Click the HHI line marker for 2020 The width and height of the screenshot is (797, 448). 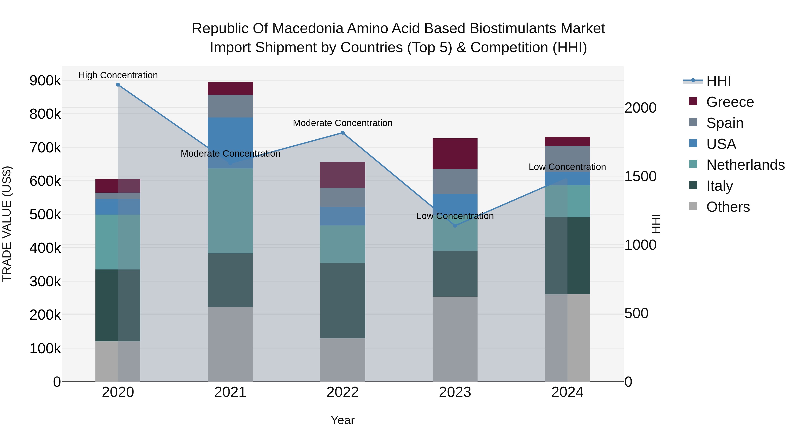pyautogui.click(x=118, y=85)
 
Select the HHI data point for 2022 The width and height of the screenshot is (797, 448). pyautogui.click(x=342, y=133)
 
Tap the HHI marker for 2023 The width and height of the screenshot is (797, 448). pyautogui.click(x=455, y=226)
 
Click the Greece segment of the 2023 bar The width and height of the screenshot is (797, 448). pyautogui.click(x=455, y=154)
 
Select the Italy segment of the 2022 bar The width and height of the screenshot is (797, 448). pyautogui.click(x=342, y=300)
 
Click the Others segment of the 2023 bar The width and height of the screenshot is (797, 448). pyautogui.click(x=455, y=339)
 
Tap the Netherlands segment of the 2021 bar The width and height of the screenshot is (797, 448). pyautogui.click(x=230, y=211)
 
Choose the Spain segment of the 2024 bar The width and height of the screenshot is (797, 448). pyautogui.click(x=567, y=159)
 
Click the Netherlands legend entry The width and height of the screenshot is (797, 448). pyautogui.click(x=745, y=165)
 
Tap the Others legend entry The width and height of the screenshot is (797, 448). pyautogui.click(x=728, y=207)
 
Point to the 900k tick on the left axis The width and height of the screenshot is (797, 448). pyautogui.click(x=45, y=81)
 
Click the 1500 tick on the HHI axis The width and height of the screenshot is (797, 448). pyautogui.click(x=640, y=177)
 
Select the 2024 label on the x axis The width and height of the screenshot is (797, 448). pyautogui.click(x=567, y=392)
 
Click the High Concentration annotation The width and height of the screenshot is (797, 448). pyautogui.click(x=118, y=75)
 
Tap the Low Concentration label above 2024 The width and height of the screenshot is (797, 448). pyautogui.click(x=567, y=167)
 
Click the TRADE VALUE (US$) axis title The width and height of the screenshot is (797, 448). pyautogui.click(x=7, y=224)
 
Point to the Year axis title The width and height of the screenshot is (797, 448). pyautogui.click(x=342, y=420)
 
